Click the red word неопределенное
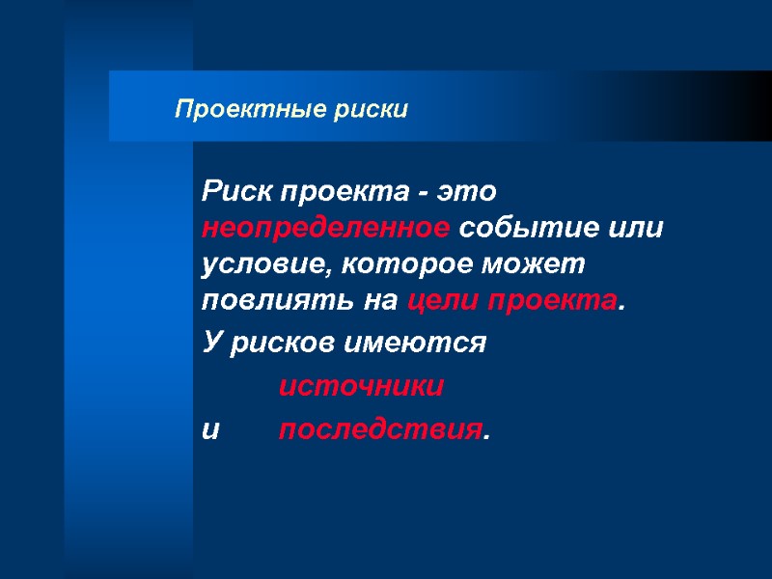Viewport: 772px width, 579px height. tap(325, 229)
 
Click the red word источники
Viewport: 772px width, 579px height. tap(361, 387)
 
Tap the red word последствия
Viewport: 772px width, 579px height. tap(379, 430)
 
